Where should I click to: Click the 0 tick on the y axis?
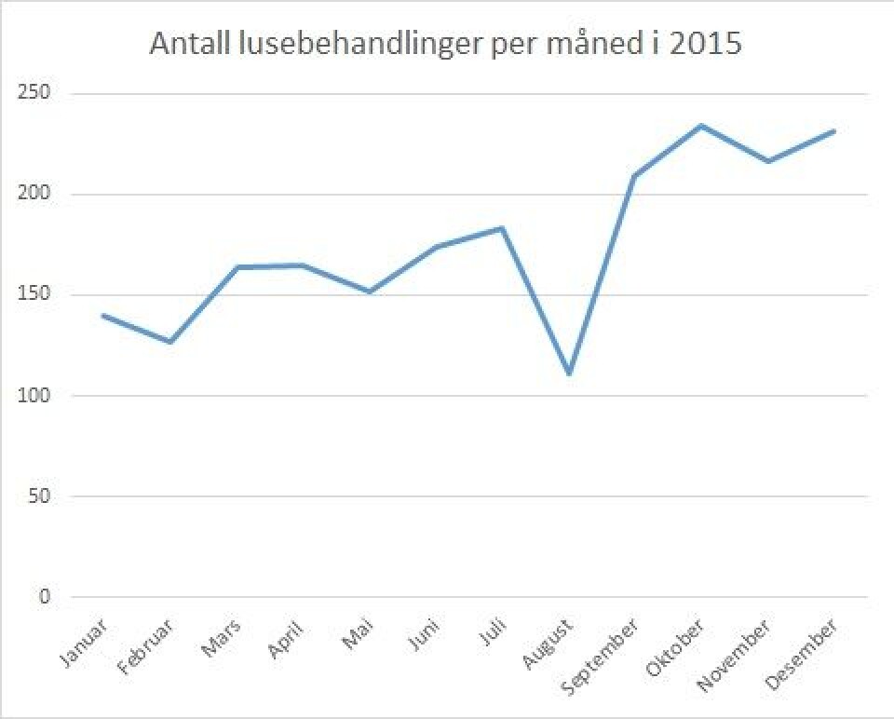pos(43,597)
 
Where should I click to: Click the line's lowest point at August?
pos(568,373)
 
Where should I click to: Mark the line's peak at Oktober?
pos(701,126)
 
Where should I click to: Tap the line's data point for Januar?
pos(103,316)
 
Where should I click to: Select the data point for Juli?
pos(502,228)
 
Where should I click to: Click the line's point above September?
pos(634,176)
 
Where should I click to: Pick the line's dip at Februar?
pos(169,342)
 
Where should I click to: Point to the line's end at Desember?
pos(833,131)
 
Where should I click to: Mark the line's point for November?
pos(767,161)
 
